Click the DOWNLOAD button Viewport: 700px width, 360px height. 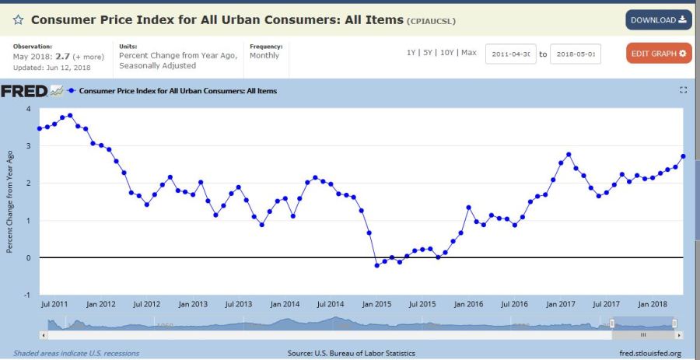[658, 19]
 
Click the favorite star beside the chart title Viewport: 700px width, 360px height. [18, 19]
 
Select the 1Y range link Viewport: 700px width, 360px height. [411, 52]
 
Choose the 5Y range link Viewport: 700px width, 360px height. [428, 52]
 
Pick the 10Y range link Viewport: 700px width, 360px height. [447, 52]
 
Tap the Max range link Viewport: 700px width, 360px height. [468, 52]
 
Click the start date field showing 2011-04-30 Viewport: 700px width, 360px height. [511, 54]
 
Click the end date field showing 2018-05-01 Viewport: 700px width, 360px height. [576, 54]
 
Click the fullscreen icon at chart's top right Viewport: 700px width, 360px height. [684, 90]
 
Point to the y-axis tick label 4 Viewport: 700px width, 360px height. [29, 109]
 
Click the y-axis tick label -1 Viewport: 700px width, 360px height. [27, 295]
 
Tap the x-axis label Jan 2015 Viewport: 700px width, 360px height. [377, 304]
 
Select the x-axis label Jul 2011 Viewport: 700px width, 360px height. [54, 304]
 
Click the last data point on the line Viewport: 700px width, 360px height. [683, 156]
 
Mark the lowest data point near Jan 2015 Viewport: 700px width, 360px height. [376, 265]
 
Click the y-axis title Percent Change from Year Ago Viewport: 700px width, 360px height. [10, 201]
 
